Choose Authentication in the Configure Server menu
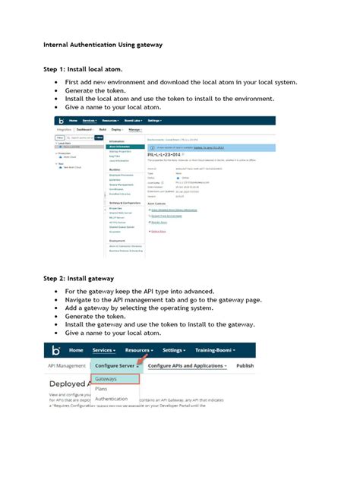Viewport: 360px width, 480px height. pyautogui.click(x=112, y=398)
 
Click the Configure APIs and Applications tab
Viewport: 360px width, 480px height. pyautogui.click(x=188, y=365)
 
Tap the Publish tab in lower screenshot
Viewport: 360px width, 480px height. pyautogui.click(x=245, y=365)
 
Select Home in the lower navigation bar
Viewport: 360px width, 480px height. pyautogui.click(x=77, y=350)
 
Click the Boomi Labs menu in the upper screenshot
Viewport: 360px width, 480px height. pyautogui.click(x=122, y=121)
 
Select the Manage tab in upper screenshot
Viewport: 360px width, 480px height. pyautogui.click(x=134, y=130)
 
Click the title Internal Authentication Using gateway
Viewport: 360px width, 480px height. pyautogui.click(x=103, y=45)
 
